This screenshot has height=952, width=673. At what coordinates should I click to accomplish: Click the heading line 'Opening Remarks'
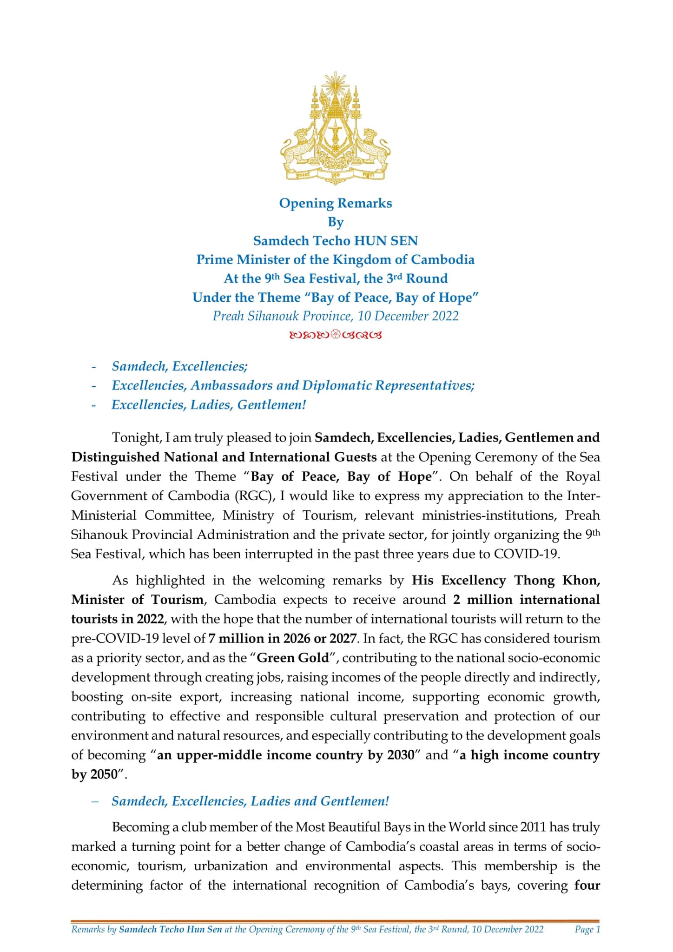pos(335,203)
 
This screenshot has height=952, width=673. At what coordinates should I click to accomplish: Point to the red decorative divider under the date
pos(335,335)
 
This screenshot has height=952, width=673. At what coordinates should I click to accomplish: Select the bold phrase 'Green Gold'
pos(293,658)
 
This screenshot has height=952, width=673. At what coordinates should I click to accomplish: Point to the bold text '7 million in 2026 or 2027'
pos(283,638)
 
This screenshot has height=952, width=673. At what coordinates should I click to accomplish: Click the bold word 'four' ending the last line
pos(587,886)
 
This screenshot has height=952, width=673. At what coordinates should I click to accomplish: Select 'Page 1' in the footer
pos(587,929)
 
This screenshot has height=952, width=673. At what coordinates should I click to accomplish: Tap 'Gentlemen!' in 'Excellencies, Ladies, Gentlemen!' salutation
pos(272,405)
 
